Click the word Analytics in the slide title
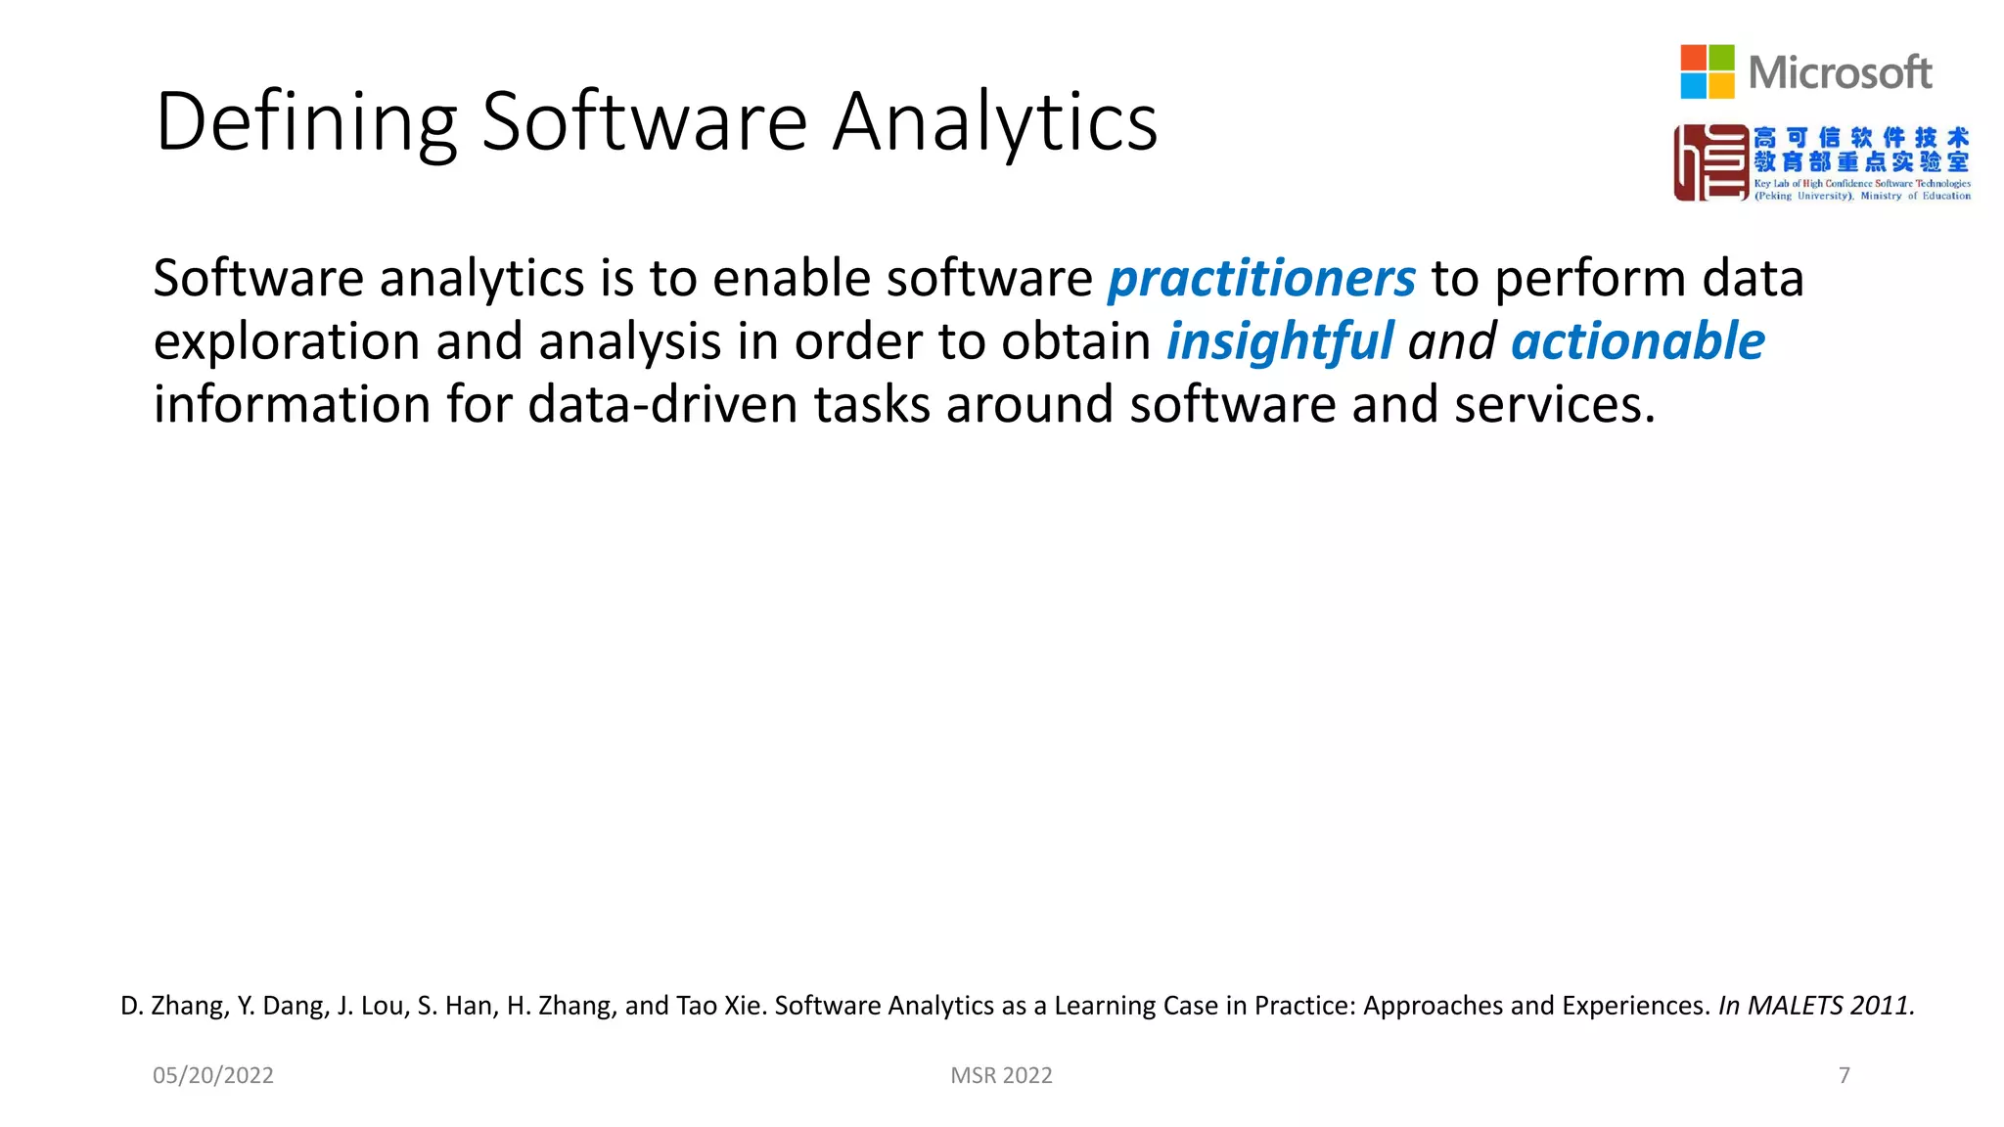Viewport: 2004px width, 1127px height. tap(995, 122)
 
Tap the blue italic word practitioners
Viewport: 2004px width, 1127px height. tap(1261, 279)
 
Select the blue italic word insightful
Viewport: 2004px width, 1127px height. tap(1279, 341)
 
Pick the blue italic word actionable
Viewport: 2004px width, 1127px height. tap(1637, 341)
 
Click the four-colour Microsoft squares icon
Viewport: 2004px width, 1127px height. tap(1707, 71)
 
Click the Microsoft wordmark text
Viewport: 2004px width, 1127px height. tap(1840, 73)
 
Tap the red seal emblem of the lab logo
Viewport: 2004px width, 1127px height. tap(1710, 162)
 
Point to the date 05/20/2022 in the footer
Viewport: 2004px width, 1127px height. tap(213, 1075)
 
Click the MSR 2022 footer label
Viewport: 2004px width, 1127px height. tap(1001, 1075)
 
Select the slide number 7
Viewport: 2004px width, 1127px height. tap(1844, 1075)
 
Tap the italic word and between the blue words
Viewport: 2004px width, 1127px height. tap(1452, 341)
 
